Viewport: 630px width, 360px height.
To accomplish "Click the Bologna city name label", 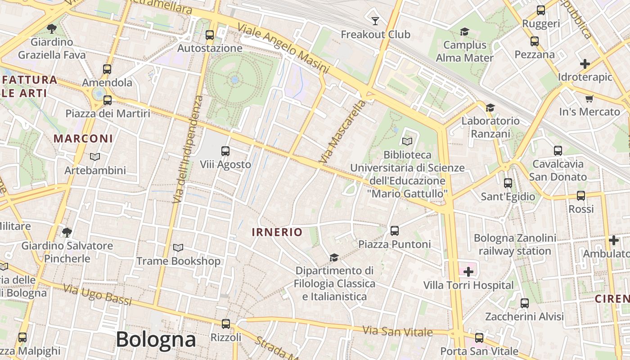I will (x=156, y=340).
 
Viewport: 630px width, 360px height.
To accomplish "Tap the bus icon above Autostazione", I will (x=209, y=35).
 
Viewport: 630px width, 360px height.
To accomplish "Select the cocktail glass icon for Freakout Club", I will (x=375, y=21).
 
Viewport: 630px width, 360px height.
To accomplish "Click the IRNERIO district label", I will (x=277, y=232).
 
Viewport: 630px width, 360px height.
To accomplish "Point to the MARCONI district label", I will (x=83, y=139).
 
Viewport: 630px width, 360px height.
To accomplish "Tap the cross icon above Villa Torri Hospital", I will (x=468, y=271).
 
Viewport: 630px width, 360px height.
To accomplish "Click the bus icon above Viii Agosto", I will (x=225, y=151).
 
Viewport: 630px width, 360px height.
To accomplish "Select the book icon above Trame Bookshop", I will (x=178, y=247).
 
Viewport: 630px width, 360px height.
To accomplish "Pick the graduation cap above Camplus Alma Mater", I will (x=464, y=31).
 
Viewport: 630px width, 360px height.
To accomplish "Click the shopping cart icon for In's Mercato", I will (x=589, y=99).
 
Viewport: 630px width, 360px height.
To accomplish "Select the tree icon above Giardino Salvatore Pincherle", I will (x=67, y=232).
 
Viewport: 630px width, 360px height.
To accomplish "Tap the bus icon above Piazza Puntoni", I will (x=395, y=230).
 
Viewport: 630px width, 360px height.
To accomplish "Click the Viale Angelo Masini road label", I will (x=283, y=48).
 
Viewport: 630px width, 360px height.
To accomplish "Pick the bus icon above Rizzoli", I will (x=226, y=324).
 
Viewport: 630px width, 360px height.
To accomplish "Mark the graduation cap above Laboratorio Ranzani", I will (x=490, y=108).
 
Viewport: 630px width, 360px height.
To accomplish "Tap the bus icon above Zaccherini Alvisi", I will (x=524, y=303).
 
